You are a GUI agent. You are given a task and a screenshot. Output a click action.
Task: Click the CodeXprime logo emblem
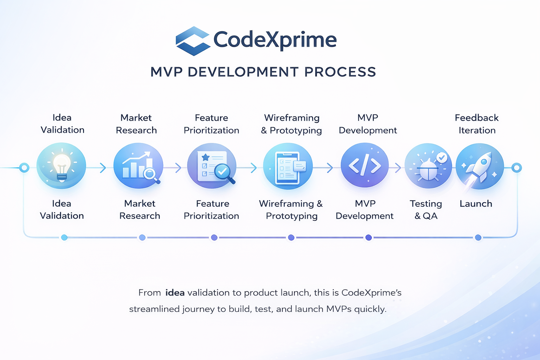(x=192, y=41)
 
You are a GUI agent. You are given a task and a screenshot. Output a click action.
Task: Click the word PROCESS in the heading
(x=340, y=72)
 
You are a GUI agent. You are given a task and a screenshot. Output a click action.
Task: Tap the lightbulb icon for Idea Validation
(x=62, y=166)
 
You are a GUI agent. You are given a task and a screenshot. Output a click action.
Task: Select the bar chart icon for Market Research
(x=138, y=166)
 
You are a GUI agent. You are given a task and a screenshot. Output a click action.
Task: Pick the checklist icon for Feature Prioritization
(x=211, y=166)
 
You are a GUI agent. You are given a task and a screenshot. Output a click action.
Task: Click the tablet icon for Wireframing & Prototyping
(x=288, y=166)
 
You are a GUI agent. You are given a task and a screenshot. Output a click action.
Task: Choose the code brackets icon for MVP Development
(x=365, y=165)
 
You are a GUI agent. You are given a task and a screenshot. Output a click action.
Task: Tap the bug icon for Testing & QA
(x=428, y=166)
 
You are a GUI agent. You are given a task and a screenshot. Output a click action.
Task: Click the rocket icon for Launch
(x=480, y=166)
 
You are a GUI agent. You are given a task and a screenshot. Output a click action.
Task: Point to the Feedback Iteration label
(x=477, y=124)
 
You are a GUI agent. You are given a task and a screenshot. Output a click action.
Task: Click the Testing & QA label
(x=426, y=210)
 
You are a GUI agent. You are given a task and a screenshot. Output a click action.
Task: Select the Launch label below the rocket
(x=476, y=204)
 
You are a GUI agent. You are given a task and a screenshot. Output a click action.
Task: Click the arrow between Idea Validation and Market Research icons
(x=103, y=168)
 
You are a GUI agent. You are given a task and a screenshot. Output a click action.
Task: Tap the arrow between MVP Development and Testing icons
(x=398, y=168)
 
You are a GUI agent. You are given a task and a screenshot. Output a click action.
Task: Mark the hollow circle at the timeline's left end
(x=24, y=168)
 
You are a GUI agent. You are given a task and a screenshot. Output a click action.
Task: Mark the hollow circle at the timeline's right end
(x=516, y=168)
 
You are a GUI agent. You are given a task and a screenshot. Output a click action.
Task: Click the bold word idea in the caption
(x=175, y=292)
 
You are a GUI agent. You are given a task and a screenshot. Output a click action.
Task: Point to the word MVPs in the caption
(x=339, y=309)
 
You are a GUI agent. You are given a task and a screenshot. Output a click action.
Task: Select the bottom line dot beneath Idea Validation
(x=64, y=238)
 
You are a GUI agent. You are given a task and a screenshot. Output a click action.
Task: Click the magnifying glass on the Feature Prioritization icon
(x=224, y=172)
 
